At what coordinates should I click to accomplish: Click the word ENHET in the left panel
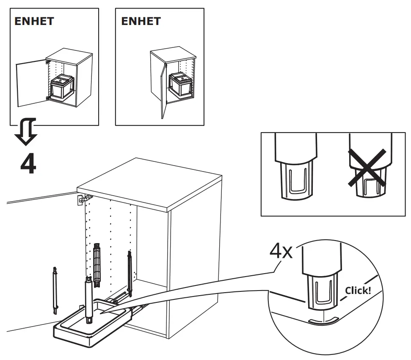34,22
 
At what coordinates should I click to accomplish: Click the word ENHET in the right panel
141,22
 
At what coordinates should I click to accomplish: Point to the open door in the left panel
30,84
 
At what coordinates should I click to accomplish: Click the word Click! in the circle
358,291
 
